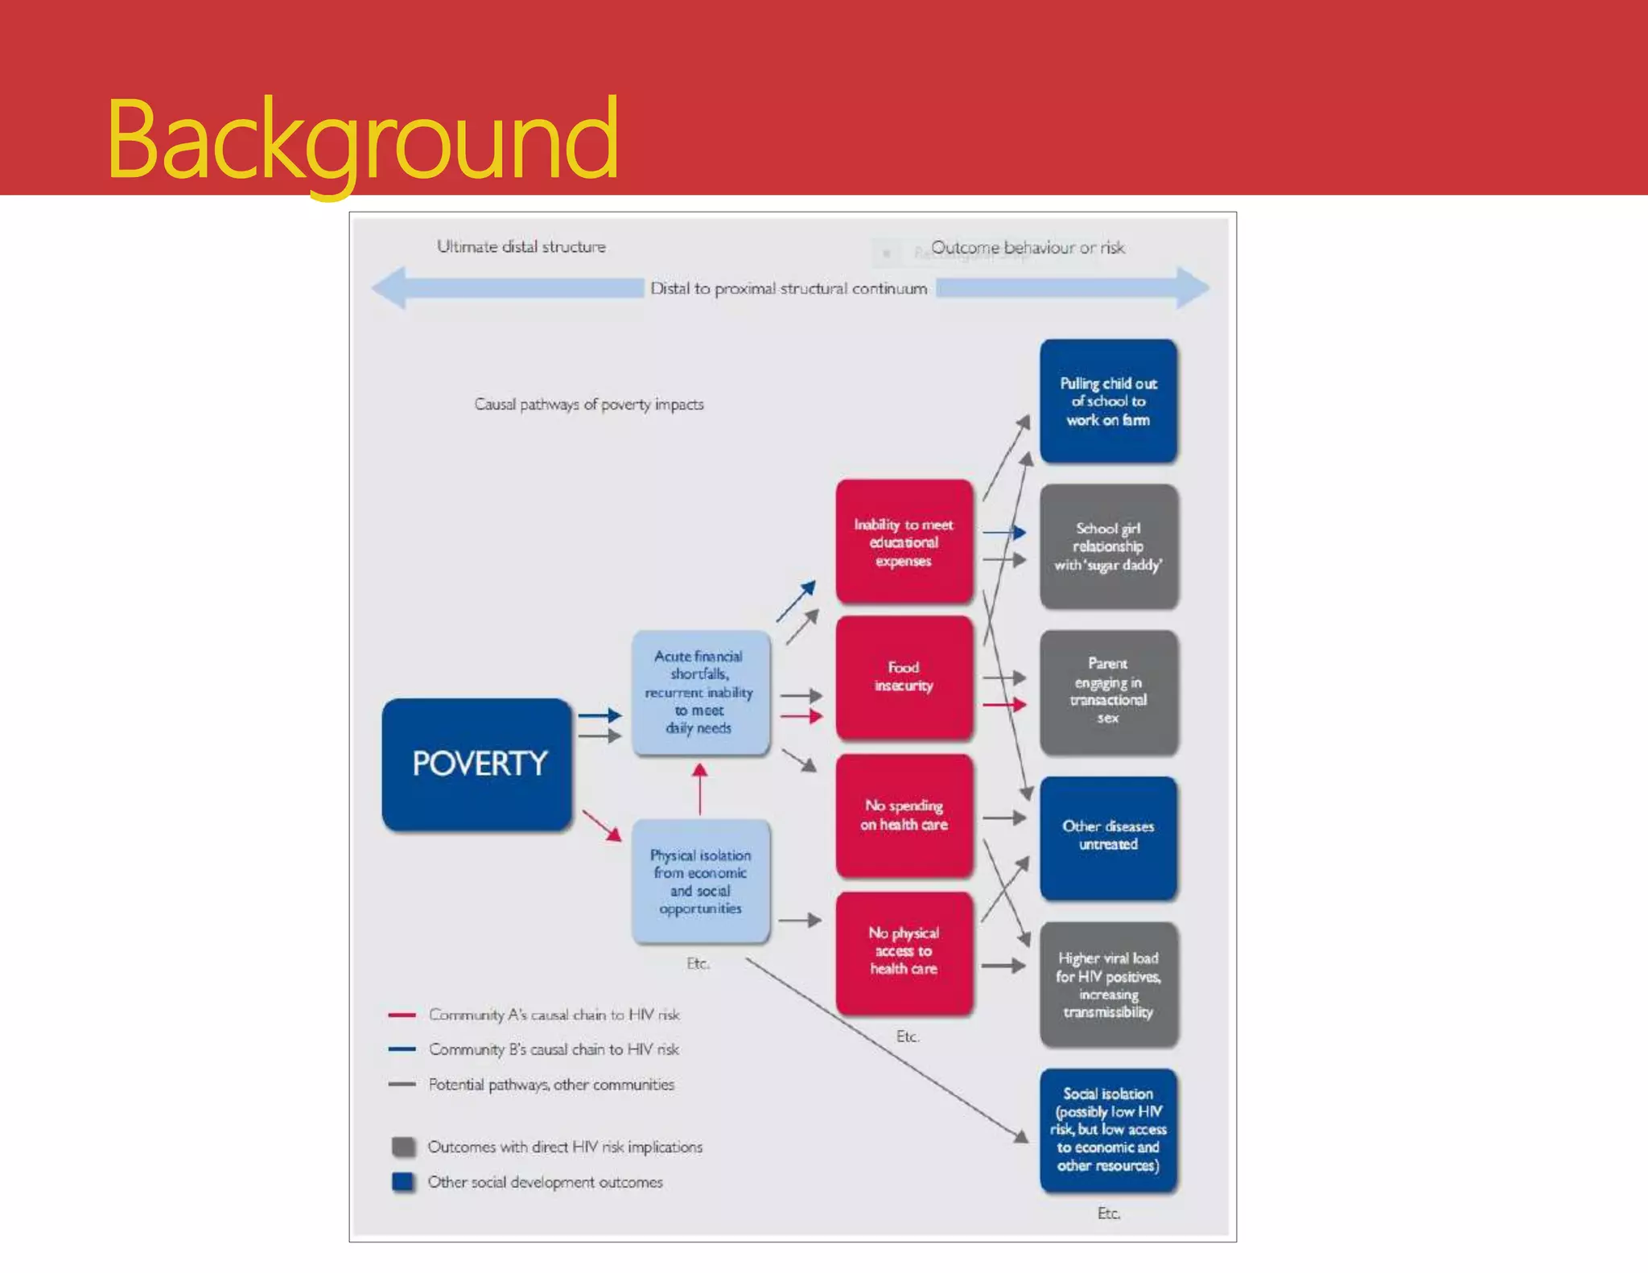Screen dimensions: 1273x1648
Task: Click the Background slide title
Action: click(362, 138)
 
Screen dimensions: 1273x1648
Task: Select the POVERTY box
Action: click(478, 764)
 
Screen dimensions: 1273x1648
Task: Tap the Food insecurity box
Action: click(904, 677)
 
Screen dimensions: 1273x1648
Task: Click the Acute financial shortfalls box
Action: click(699, 692)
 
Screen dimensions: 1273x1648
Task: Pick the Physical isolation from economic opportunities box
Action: click(700, 881)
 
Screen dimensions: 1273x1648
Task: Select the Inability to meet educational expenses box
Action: click(904, 542)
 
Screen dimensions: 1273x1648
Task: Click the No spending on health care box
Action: click(904, 814)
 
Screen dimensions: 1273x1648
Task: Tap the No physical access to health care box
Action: click(904, 951)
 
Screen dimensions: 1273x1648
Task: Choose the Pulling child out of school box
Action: click(1108, 402)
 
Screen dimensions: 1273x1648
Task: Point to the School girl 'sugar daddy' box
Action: click(1108, 546)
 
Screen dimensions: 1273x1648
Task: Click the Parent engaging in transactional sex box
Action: click(1108, 691)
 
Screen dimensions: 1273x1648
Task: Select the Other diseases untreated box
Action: click(1108, 836)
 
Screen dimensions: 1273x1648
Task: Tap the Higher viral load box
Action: click(1108, 984)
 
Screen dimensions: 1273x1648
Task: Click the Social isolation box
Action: click(1108, 1129)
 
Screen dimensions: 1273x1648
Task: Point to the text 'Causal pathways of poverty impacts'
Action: click(588, 404)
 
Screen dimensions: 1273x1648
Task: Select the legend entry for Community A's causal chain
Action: click(554, 1015)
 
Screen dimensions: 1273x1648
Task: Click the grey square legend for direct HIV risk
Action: click(403, 1147)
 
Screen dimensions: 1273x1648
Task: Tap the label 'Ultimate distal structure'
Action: click(521, 247)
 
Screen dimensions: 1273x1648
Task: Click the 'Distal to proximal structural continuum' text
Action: click(788, 288)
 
